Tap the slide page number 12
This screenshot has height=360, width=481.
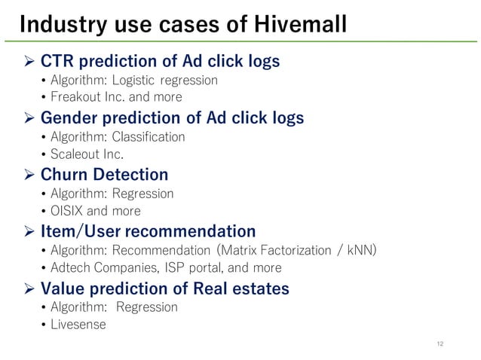[x=440, y=344]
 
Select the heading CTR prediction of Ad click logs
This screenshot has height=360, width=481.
[x=160, y=61]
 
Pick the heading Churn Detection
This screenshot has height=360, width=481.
[x=104, y=174]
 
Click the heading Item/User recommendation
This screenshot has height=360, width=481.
[x=148, y=230]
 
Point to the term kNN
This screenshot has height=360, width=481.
[x=359, y=249]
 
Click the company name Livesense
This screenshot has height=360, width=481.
[x=78, y=325]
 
